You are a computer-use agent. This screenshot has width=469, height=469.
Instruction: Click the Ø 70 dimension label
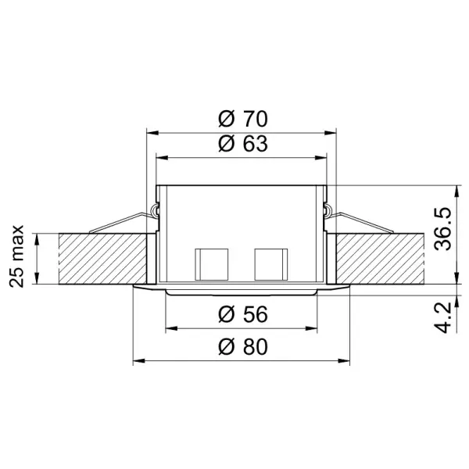pyautogui.click(x=242, y=119)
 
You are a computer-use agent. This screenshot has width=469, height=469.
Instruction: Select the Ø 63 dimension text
pyautogui.click(x=242, y=145)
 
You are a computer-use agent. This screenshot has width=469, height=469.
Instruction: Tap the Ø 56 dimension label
pyautogui.click(x=242, y=314)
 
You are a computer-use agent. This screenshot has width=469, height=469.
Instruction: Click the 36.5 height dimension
pyautogui.click(x=443, y=227)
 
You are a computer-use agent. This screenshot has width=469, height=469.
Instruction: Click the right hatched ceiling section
pyautogui.click(x=379, y=259)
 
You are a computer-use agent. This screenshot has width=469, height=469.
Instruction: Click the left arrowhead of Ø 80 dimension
pyautogui.click(x=138, y=361)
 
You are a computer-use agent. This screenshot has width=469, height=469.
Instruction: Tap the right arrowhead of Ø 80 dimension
pyautogui.click(x=345, y=361)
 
